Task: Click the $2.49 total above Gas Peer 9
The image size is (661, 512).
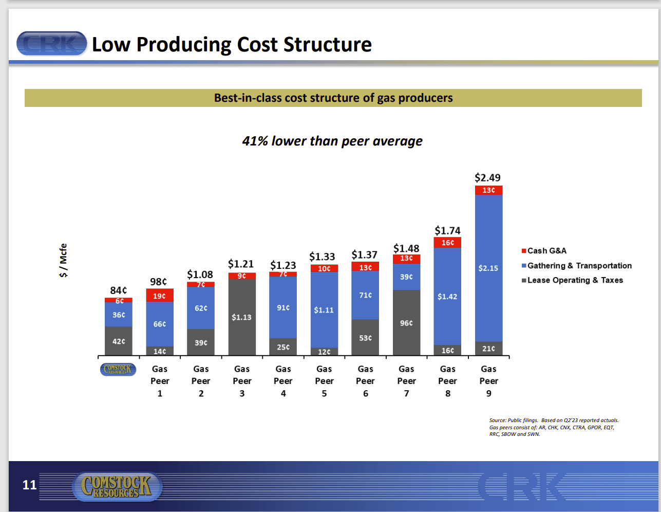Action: coord(487,178)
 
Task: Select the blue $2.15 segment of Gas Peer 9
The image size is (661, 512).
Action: coord(488,268)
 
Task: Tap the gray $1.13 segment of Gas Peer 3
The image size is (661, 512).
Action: coord(241,317)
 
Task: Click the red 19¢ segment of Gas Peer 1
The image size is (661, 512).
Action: coord(160,296)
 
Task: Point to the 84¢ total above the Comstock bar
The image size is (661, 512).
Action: coord(119,290)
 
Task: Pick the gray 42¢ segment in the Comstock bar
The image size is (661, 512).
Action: coord(119,341)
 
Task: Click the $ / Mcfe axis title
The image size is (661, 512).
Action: coord(63,261)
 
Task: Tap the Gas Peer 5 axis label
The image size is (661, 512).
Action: coord(324,381)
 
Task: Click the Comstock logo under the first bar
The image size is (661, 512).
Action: coord(118,369)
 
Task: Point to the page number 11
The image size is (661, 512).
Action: coord(30,485)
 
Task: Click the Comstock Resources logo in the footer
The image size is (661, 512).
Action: coord(118,486)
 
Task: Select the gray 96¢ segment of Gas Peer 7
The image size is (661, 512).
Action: coord(406,323)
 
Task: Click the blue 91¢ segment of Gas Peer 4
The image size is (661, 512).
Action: coord(283,307)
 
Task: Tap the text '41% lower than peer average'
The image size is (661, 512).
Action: coord(332,141)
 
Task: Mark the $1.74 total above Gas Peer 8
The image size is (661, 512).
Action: coord(447,231)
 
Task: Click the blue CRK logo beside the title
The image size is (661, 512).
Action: coord(52,44)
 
